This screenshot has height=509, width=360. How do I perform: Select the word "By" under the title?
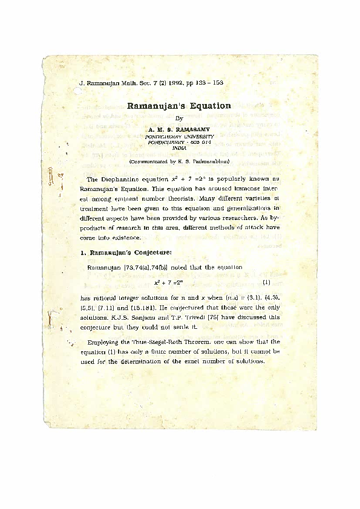click(x=178, y=118)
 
